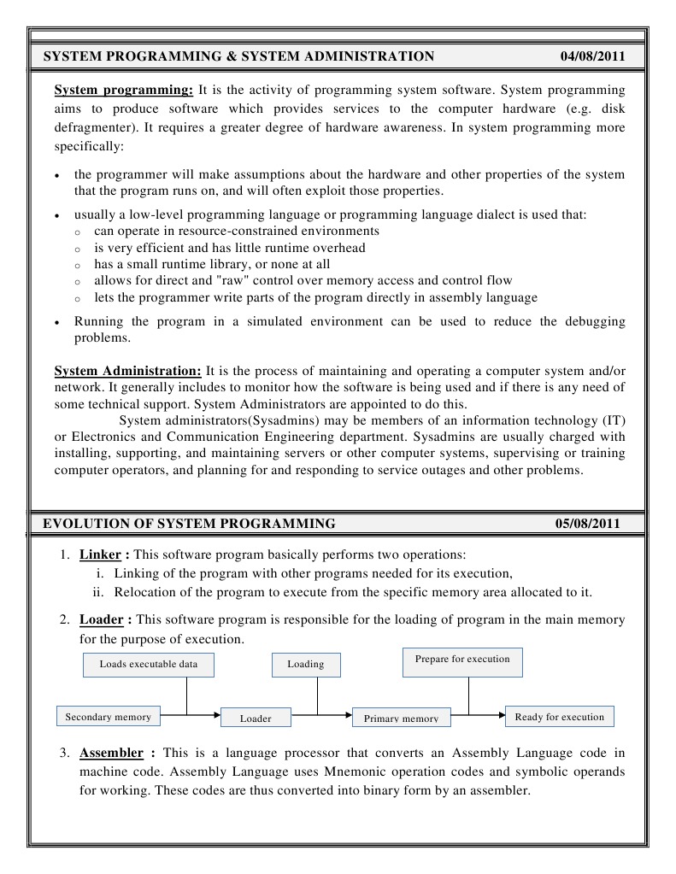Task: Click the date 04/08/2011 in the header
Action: (592, 57)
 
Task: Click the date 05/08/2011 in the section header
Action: (587, 523)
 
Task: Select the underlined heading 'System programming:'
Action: (124, 90)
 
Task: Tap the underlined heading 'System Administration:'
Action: (128, 371)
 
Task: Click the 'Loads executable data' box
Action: (148, 665)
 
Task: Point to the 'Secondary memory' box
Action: (108, 717)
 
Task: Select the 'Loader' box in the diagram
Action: (256, 719)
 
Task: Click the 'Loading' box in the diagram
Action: (305, 665)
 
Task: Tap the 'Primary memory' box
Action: (401, 719)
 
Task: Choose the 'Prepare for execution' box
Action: (461, 660)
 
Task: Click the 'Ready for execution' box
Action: (559, 717)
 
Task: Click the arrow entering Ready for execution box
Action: (498, 714)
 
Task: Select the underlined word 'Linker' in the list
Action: (100, 554)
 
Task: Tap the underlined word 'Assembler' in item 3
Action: (111, 753)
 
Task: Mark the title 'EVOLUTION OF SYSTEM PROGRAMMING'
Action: (189, 523)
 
